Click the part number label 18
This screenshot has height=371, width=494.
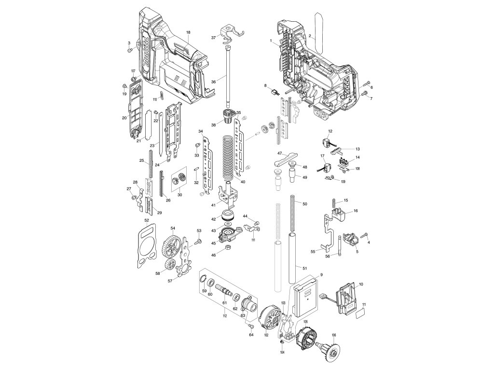pos(189,32)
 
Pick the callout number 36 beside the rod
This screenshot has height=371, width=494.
pos(213,82)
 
